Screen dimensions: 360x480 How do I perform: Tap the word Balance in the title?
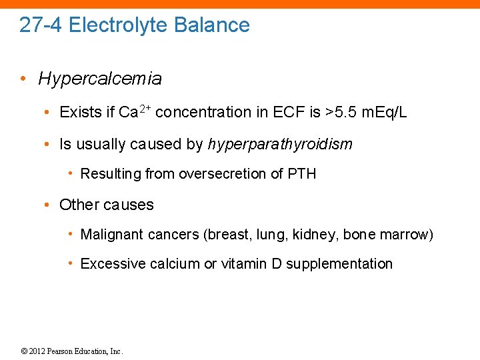pyautogui.click(x=211, y=25)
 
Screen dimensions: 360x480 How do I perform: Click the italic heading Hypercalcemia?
pyautogui.click(x=100, y=79)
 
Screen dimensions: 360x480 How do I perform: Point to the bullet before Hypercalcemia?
pyautogui.click(x=23, y=79)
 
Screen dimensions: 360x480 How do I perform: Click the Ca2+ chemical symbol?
pyautogui.click(x=134, y=111)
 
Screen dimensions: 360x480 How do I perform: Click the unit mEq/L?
pyautogui.click(x=383, y=112)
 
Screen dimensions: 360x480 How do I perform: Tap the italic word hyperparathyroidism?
pyautogui.click(x=280, y=144)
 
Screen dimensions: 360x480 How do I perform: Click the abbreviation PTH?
pyautogui.click(x=302, y=174)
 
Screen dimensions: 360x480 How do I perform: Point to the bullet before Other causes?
pyautogui.click(x=51, y=205)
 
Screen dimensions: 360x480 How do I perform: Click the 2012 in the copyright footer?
pyautogui.click(x=39, y=351)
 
